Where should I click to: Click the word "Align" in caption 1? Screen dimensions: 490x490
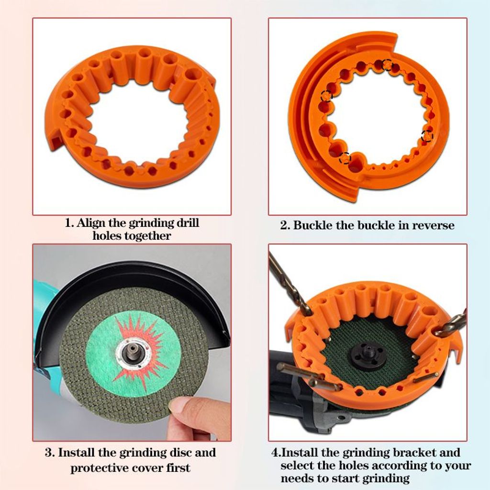(91, 223)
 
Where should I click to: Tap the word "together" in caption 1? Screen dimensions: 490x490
(147, 235)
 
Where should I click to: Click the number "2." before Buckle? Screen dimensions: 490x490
(285, 225)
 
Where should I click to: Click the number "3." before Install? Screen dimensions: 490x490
(50, 453)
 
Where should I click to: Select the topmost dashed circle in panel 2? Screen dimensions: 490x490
(388, 65)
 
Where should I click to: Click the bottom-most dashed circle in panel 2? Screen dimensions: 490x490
(345, 158)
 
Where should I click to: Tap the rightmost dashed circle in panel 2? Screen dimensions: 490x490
(427, 136)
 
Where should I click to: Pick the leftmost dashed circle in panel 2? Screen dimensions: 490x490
(326, 96)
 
